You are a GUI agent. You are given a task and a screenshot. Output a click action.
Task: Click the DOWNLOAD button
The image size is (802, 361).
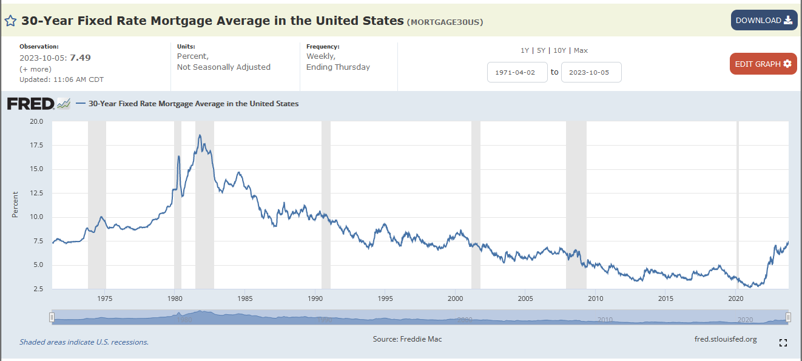click(764, 21)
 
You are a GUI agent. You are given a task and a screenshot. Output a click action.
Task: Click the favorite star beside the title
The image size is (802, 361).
click(10, 21)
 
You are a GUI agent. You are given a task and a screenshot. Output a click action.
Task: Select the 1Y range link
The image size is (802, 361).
click(525, 50)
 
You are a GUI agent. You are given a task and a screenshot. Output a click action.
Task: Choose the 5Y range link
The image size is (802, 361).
click(541, 50)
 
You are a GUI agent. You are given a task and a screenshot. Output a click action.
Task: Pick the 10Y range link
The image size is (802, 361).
click(559, 50)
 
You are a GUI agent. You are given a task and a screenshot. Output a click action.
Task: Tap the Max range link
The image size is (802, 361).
click(581, 50)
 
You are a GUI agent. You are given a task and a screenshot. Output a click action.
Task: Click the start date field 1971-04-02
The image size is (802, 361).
click(517, 72)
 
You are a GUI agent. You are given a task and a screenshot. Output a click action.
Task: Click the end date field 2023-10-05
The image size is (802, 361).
click(591, 72)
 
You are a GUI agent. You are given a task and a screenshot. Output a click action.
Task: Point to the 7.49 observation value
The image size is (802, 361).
click(80, 58)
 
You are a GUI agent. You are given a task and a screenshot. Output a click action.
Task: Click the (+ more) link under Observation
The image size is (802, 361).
click(35, 69)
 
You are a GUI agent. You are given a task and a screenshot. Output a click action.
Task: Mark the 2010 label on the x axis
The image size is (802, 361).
click(596, 299)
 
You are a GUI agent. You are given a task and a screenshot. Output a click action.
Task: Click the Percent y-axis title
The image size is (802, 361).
click(15, 204)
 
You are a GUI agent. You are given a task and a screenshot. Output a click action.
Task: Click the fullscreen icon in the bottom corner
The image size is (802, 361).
click(783, 343)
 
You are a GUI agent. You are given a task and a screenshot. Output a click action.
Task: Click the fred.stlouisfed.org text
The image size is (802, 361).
click(726, 339)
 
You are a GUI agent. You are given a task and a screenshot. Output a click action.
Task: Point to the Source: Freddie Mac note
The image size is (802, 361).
click(407, 339)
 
